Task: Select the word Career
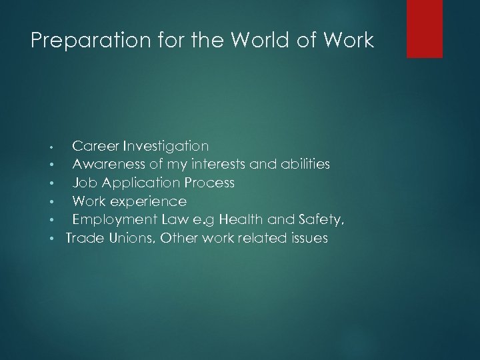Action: pos(94,145)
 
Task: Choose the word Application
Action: pos(140,182)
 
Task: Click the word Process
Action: pos(207,182)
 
